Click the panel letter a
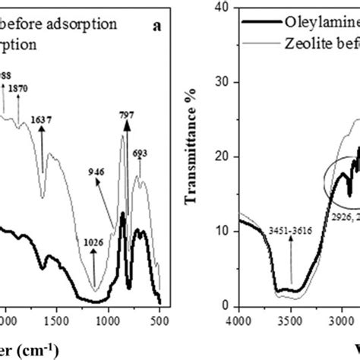coord(156,25)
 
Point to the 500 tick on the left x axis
coord(160,321)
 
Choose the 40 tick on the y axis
coord(223,7)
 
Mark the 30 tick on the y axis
coord(223,82)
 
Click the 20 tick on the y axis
coord(223,157)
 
